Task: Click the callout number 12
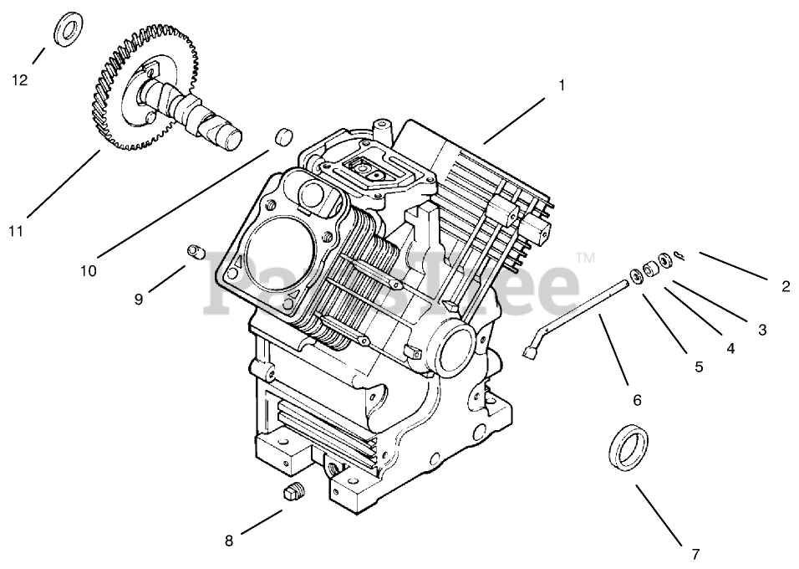[19, 80]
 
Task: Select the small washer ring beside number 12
[66, 30]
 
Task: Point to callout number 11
[17, 231]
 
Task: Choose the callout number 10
[89, 270]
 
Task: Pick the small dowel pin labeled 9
[196, 250]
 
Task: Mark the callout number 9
[140, 299]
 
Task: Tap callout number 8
[229, 541]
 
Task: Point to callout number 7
[695, 553]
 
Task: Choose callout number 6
[637, 401]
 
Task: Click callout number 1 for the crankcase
[562, 85]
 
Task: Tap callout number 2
[786, 286]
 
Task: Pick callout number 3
[762, 330]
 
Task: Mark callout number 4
[730, 349]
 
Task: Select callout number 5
[699, 366]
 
